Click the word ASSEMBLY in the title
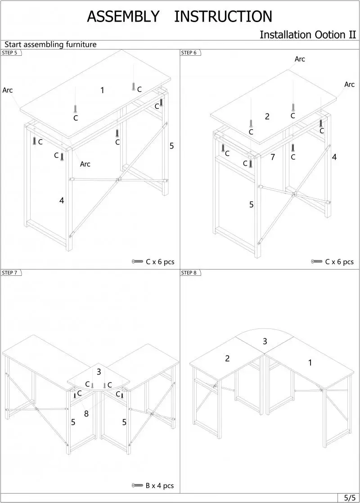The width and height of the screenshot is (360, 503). click(x=123, y=17)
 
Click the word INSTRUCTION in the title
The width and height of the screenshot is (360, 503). click(x=223, y=17)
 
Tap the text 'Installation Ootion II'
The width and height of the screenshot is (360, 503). click(x=308, y=35)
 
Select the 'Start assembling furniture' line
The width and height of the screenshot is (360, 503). click(x=50, y=45)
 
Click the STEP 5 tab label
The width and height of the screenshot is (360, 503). click(x=10, y=53)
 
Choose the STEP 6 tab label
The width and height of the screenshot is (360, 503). click(x=189, y=53)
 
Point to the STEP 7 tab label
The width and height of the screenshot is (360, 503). click(x=10, y=273)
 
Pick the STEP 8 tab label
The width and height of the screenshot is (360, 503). click(x=189, y=273)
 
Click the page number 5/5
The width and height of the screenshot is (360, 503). click(x=349, y=498)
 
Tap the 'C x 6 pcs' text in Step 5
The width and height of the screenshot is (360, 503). click(x=160, y=262)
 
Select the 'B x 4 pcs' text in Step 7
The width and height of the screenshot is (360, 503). click(x=159, y=485)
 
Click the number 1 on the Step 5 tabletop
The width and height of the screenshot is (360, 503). click(x=102, y=90)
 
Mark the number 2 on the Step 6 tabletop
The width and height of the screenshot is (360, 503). click(x=267, y=117)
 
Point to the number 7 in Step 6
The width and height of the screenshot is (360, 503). click(x=273, y=157)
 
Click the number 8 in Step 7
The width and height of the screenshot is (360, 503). click(x=86, y=413)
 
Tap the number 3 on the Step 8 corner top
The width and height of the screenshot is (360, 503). click(x=265, y=341)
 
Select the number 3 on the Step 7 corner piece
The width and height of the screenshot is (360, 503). click(x=99, y=372)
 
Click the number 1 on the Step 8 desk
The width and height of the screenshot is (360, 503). click(x=310, y=363)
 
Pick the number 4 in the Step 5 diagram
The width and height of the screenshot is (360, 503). click(x=62, y=201)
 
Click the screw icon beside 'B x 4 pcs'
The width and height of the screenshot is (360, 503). click(x=137, y=485)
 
